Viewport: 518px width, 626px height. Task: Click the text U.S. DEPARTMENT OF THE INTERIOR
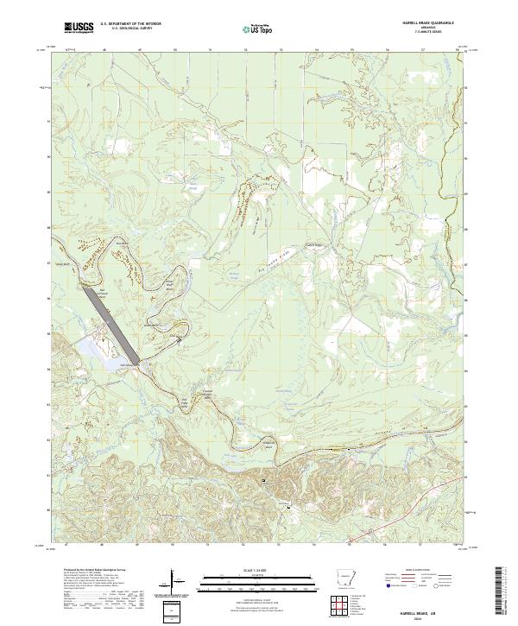tap(130, 23)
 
